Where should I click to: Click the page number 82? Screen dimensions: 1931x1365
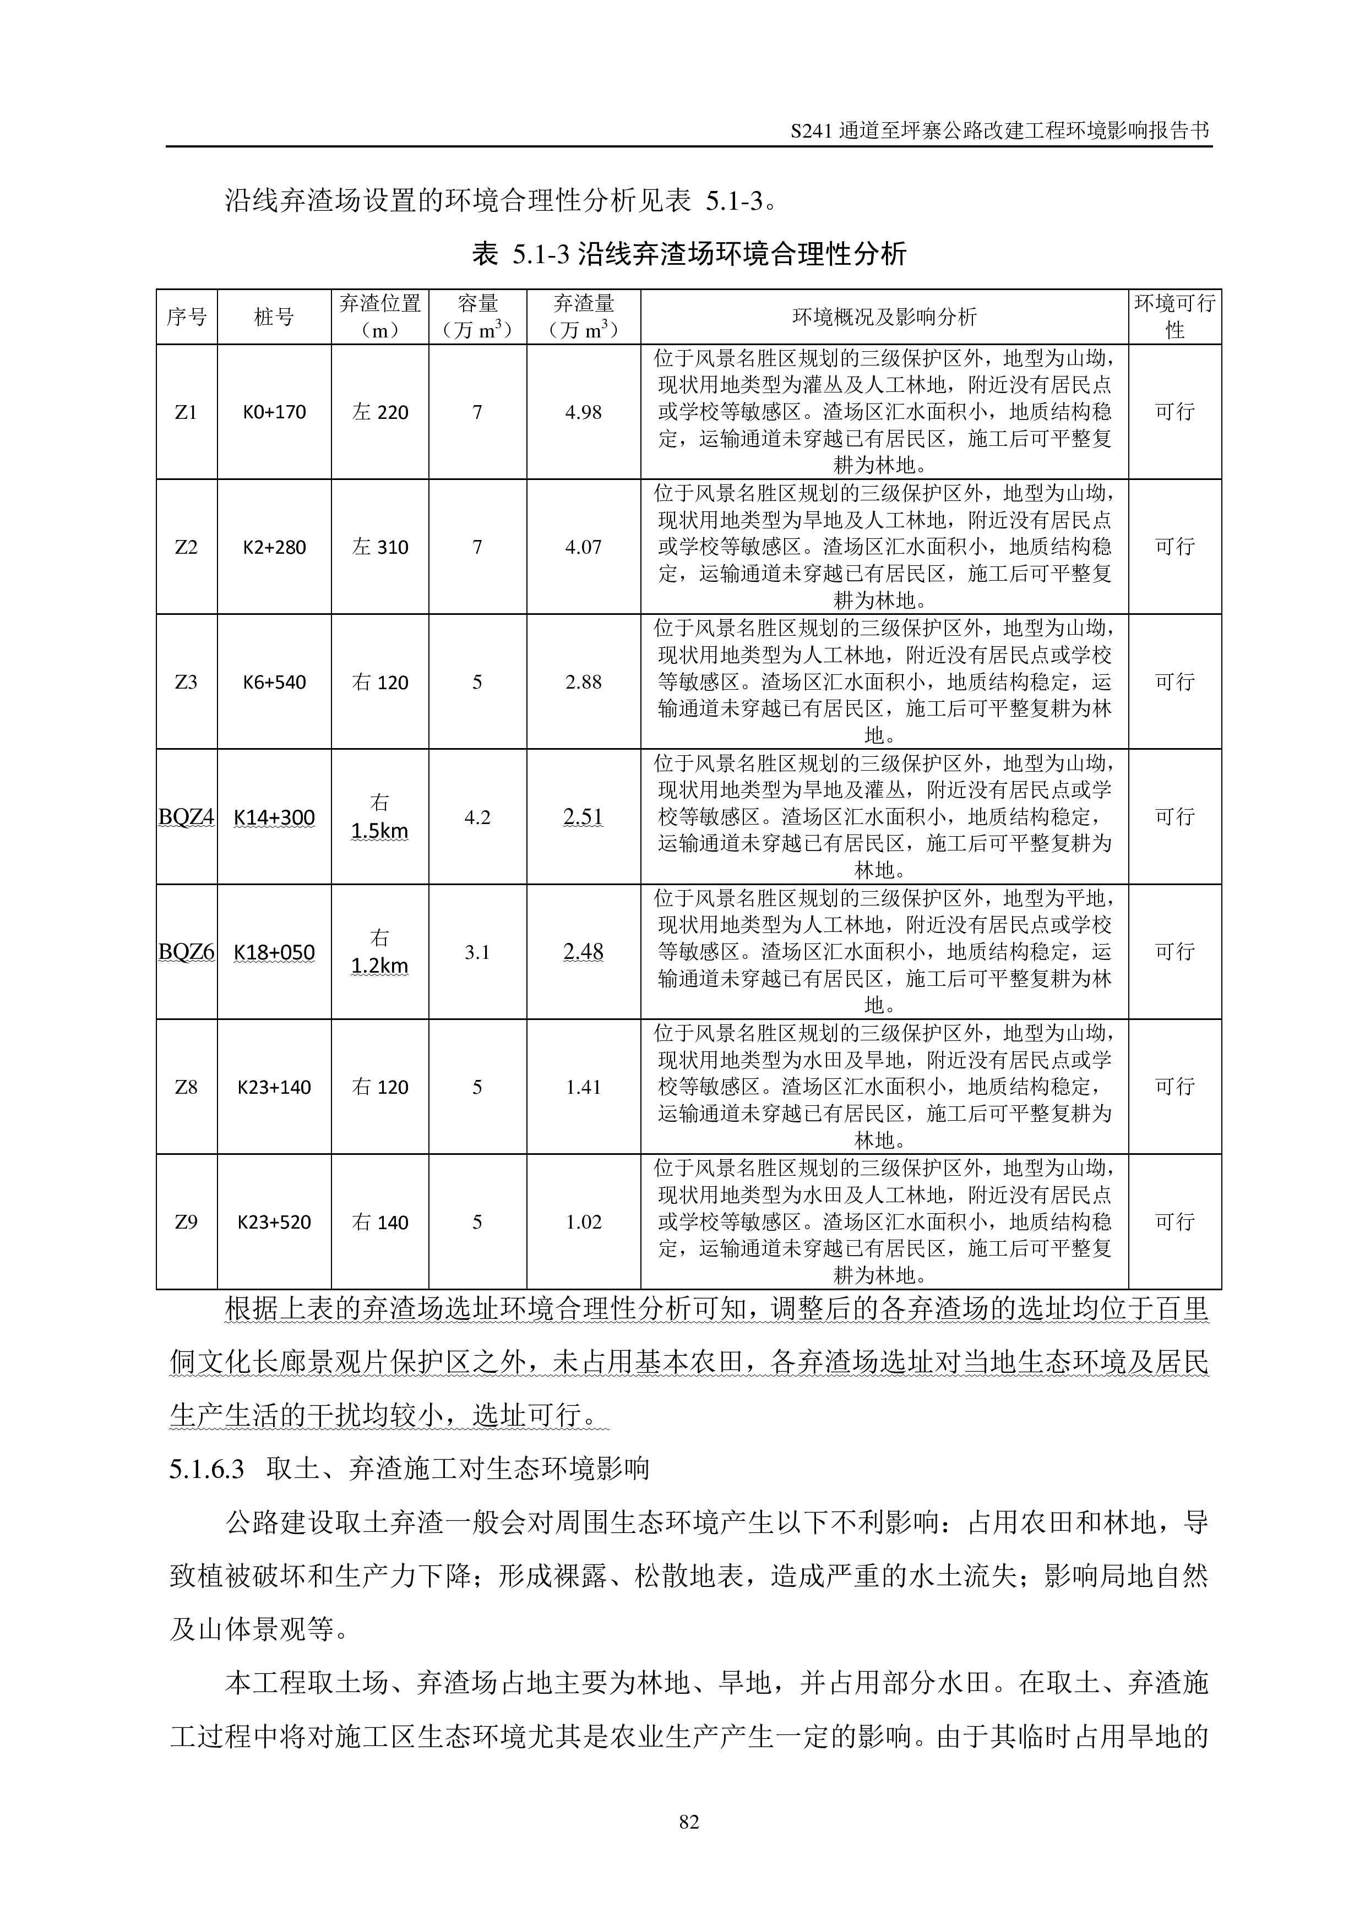[x=688, y=1821]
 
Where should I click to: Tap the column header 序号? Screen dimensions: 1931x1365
[x=186, y=317]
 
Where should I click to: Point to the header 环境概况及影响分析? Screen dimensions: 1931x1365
[x=884, y=317]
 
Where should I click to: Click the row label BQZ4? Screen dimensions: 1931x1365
[x=186, y=817]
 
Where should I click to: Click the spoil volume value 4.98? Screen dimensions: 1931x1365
[x=583, y=412]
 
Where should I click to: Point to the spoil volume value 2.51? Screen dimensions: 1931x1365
[x=583, y=817]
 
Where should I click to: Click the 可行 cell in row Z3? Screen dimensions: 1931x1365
[x=1174, y=682]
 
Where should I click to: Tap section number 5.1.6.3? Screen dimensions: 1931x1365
[x=207, y=1469]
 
